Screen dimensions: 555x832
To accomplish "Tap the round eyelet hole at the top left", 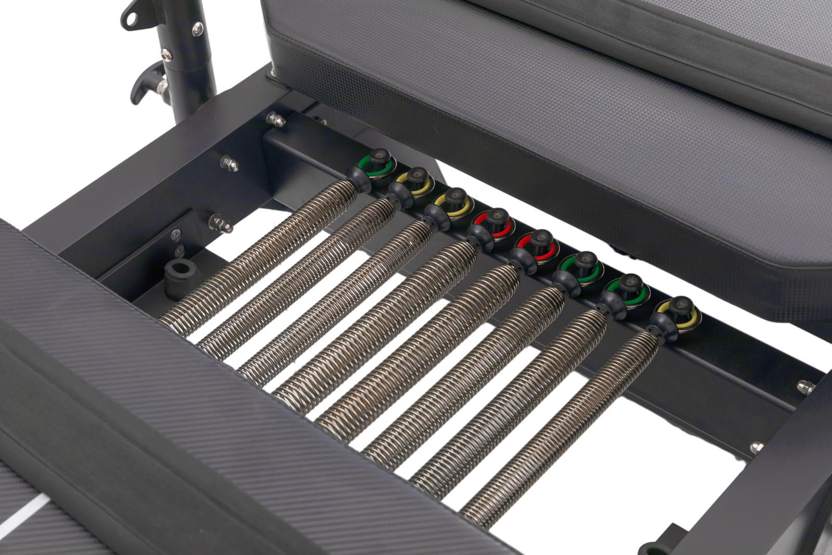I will tap(131, 18).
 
